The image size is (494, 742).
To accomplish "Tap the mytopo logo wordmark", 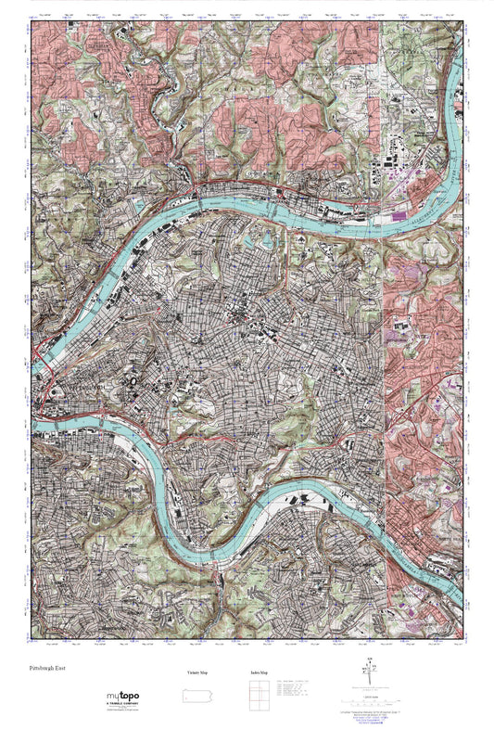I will click(123, 696).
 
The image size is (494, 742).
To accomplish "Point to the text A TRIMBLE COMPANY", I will click(124, 705).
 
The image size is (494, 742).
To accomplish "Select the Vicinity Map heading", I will click(196, 672).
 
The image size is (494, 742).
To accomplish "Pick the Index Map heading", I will click(259, 672).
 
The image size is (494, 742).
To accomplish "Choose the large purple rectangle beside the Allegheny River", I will click(400, 216).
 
